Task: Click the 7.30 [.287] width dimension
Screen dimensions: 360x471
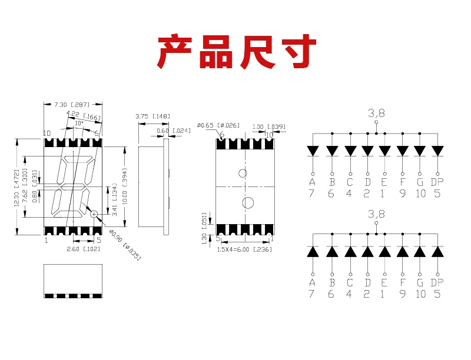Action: tap(68, 104)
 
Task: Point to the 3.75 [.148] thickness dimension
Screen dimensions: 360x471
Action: tap(152, 116)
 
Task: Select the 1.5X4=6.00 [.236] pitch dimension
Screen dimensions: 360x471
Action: tap(244, 249)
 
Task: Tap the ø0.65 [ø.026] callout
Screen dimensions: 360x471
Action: tap(218, 125)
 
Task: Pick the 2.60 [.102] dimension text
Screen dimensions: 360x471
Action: tap(75, 248)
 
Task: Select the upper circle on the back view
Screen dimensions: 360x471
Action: tap(243, 173)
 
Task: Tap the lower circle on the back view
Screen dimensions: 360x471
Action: tap(248, 203)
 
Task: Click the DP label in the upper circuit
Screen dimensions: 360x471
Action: tap(436, 182)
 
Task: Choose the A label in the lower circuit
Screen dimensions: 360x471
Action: tap(312, 283)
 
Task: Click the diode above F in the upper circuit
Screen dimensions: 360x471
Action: tap(402, 151)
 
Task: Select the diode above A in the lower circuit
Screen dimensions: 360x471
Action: tap(312, 252)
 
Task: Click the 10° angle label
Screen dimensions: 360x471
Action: tap(78, 124)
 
